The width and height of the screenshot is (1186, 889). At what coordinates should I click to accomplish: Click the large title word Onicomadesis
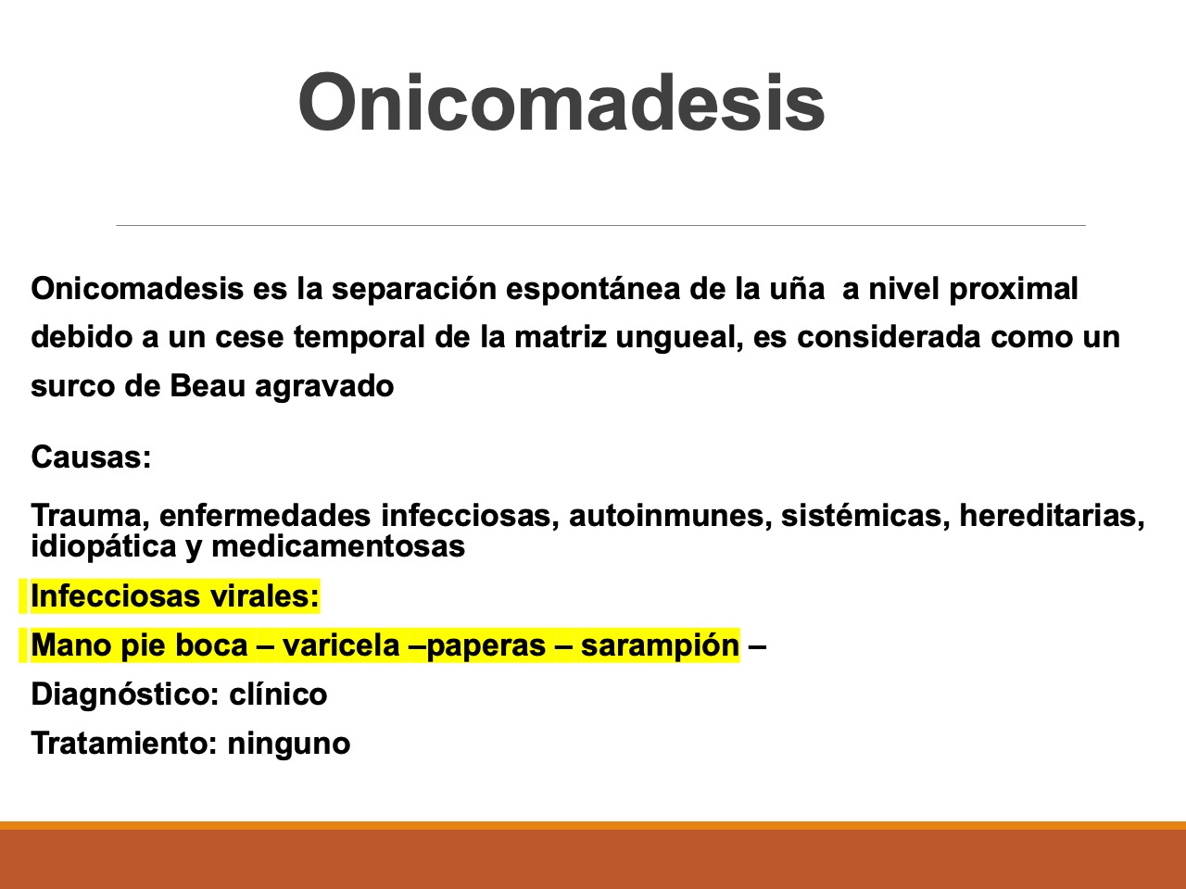point(561,102)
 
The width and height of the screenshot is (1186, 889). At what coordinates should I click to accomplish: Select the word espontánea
point(593,290)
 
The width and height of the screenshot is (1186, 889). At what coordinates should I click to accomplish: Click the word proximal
point(1014,290)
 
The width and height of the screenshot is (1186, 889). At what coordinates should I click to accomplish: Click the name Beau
point(208,386)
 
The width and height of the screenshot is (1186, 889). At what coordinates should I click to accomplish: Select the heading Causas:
point(91,457)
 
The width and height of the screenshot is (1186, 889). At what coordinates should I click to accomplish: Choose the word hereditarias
point(1052,516)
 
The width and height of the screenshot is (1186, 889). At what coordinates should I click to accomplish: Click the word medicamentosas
point(338,546)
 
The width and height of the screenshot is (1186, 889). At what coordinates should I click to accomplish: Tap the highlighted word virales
point(264,596)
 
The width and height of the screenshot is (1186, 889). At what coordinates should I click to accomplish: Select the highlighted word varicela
point(341,645)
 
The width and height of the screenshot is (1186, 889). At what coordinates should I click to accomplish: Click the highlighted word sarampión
point(660,646)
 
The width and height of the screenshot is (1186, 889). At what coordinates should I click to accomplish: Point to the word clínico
point(278,695)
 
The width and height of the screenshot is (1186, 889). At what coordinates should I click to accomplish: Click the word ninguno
point(289,745)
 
